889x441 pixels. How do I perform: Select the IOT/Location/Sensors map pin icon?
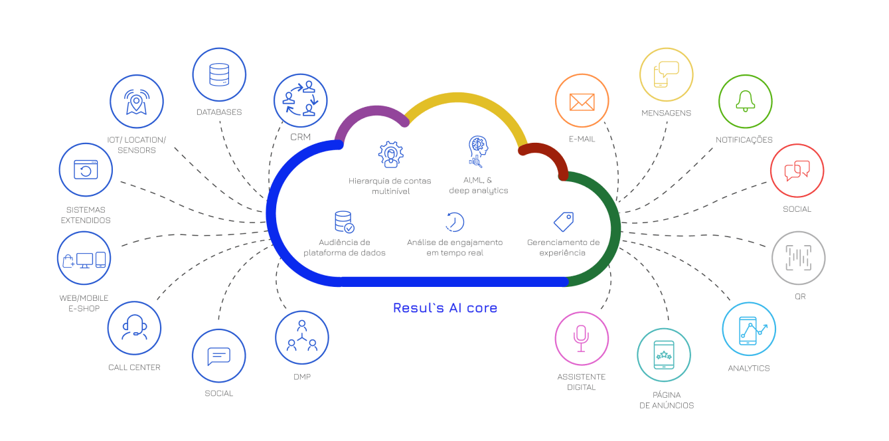pos(137,102)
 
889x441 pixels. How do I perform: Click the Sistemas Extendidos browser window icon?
pos(86,169)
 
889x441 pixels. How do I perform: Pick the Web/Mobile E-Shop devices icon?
pos(84,260)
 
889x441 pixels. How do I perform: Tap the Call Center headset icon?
pos(134,327)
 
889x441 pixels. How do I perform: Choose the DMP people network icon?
pos(302,336)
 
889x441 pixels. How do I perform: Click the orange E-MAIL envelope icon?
pos(582,102)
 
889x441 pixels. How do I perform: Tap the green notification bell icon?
pos(746,101)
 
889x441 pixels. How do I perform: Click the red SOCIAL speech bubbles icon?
pos(797,171)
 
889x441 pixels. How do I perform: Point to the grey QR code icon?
pos(799,258)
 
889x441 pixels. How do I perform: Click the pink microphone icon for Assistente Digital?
pos(581,339)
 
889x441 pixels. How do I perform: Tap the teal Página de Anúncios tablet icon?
pos(663,355)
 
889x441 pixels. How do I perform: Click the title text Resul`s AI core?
pos(445,308)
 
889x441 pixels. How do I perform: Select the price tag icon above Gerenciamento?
pos(564,222)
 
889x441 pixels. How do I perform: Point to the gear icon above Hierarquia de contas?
pos(391,155)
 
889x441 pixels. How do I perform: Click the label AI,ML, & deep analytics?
pos(478,185)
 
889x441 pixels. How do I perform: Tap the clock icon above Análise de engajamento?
pos(454,222)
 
